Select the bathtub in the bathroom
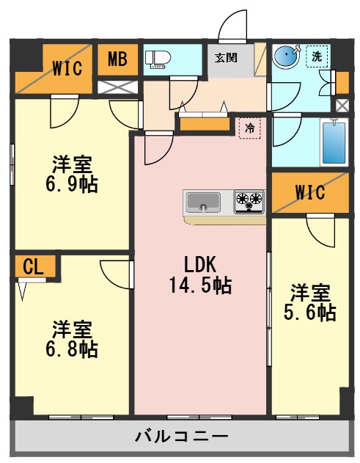(x=333, y=143)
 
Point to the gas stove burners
(x=249, y=200)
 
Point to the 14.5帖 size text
(x=199, y=285)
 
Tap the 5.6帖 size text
(x=310, y=313)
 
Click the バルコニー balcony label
(x=181, y=437)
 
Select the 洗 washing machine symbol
(x=317, y=56)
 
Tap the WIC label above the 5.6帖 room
(x=310, y=193)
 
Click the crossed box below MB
(x=117, y=87)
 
